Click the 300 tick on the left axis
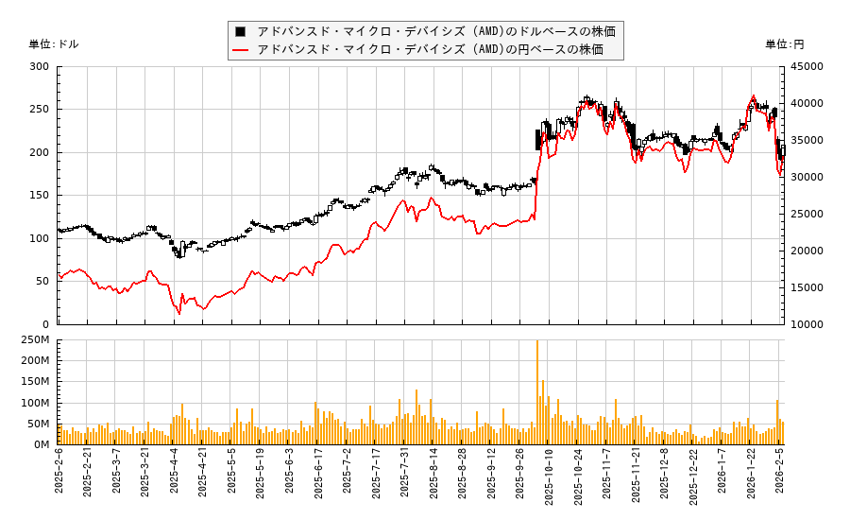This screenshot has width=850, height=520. click(39, 67)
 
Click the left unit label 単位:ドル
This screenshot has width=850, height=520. click(54, 44)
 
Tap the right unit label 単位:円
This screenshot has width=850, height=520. click(785, 44)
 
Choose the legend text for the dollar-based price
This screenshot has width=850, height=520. click(436, 31)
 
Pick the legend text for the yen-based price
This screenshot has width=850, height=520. click(430, 49)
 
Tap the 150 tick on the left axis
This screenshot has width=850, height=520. click(39, 196)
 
